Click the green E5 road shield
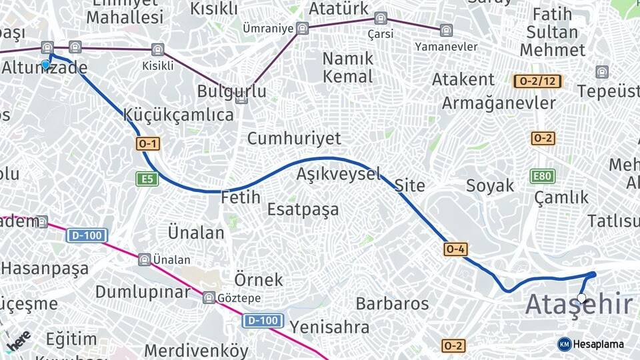click(x=147, y=179)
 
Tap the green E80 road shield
click(x=542, y=176)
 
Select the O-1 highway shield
click(x=148, y=143)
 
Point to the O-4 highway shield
click(x=455, y=249)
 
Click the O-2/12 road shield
click(x=538, y=81)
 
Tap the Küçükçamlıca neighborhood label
click(x=179, y=115)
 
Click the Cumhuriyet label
click(x=294, y=139)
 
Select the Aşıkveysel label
click(x=339, y=175)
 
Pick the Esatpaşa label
click(x=303, y=209)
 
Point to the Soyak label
click(x=490, y=185)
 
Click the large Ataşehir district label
click(x=579, y=305)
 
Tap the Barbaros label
click(x=392, y=304)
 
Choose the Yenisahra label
click(x=330, y=327)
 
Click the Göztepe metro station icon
click(x=209, y=297)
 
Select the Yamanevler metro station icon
click(x=445, y=30)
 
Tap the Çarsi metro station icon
click(x=381, y=18)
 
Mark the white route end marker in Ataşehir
click(x=582, y=298)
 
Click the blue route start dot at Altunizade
click(x=45, y=65)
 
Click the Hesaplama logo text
click(x=599, y=344)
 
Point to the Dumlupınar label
click(x=143, y=292)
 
